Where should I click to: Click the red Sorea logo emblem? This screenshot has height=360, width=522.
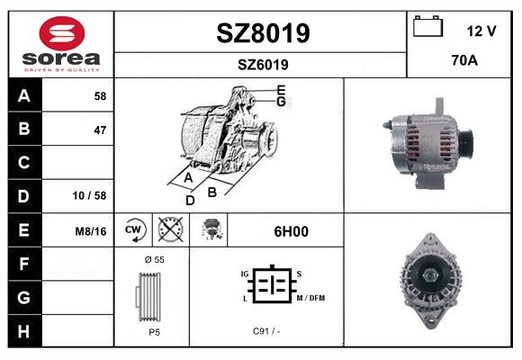[62, 33]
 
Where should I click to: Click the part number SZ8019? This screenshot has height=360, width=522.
[263, 33]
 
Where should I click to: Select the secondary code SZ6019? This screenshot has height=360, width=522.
[263, 65]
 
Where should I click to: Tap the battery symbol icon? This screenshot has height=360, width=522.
[428, 26]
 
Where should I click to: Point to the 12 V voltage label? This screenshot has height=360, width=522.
[481, 31]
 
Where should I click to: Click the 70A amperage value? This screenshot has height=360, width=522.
[464, 60]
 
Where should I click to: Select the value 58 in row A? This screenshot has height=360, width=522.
[100, 96]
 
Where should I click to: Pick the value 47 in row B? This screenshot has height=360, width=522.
[100, 130]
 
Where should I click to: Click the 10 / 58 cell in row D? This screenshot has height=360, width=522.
[89, 195]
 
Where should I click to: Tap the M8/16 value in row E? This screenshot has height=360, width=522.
[91, 231]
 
